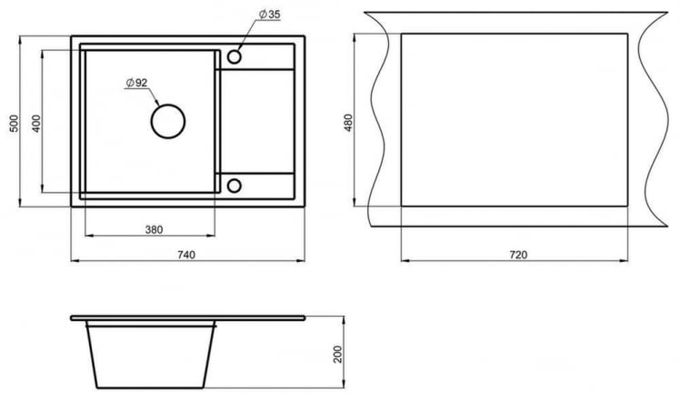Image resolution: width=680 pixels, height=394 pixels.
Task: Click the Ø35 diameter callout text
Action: coord(269,14)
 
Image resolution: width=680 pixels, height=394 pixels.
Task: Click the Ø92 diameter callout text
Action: coord(136,83)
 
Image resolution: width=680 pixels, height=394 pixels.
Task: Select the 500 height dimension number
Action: coord(15,124)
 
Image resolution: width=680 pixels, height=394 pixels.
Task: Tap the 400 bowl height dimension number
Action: coord(36,123)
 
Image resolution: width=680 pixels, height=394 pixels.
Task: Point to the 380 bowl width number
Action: coord(154,229)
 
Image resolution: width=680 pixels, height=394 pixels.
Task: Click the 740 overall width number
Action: coord(186,254)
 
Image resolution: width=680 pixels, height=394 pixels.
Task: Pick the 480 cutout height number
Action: coord(348,123)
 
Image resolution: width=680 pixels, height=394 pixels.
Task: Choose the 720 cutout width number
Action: coord(518,254)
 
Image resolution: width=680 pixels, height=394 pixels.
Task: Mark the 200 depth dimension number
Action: coord(338,354)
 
